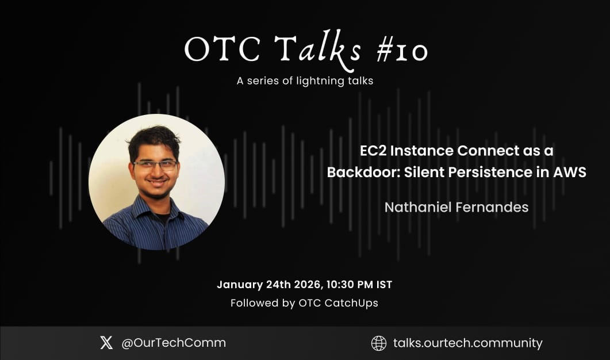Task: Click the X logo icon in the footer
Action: (106, 343)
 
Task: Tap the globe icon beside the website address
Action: (379, 343)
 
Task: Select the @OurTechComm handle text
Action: (173, 343)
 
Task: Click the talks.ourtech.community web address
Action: (467, 343)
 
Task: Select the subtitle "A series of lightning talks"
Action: (305, 81)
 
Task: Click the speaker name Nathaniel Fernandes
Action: (456, 208)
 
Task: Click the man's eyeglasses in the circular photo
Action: (155, 165)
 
